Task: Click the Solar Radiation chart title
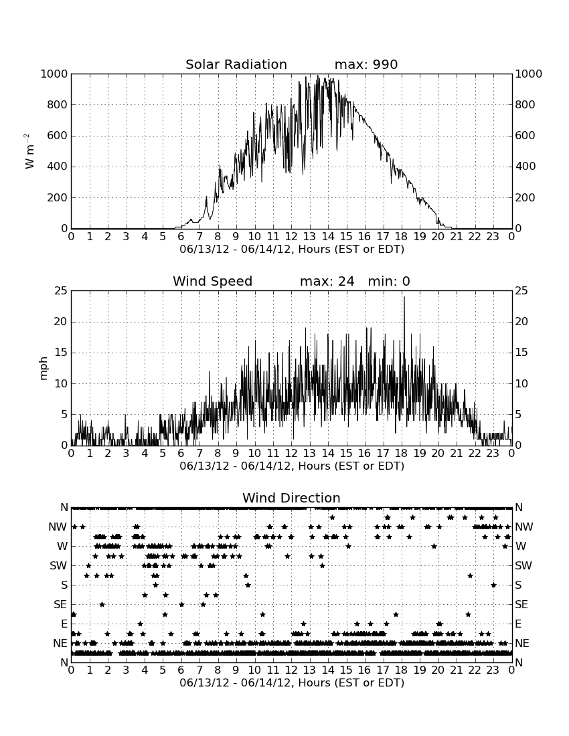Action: point(236,64)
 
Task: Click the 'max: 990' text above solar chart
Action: point(366,64)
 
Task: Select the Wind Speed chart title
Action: point(213,281)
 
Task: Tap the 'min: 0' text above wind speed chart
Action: point(389,281)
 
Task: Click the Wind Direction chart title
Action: point(292,498)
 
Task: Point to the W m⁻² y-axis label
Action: point(29,151)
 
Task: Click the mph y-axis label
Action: point(44,369)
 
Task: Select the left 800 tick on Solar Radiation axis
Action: point(58,104)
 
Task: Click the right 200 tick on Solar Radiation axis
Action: point(525,197)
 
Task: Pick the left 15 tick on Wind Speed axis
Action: point(61,353)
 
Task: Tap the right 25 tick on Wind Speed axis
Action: point(521,291)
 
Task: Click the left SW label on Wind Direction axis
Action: point(58,565)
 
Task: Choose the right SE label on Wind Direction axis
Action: point(521,605)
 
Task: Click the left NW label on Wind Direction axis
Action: point(58,527)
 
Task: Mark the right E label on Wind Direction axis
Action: point(518,624)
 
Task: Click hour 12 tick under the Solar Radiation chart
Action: point(291,237)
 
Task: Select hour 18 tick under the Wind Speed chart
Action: point(402,454)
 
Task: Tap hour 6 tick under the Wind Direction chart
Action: point(181,670)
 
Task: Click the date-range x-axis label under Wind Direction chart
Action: point(292,682)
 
